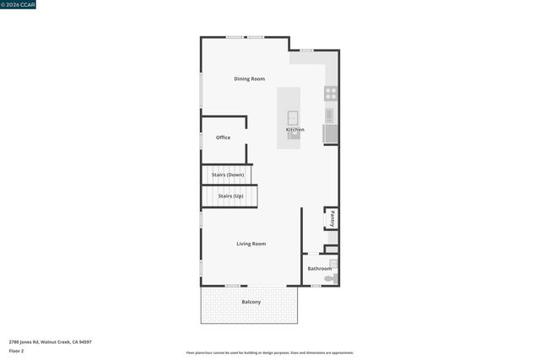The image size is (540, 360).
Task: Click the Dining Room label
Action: [249, 79]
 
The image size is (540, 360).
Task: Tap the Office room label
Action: [223, 137]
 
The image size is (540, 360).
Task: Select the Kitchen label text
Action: [294, 130]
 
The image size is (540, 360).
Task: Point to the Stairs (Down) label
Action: [228, 175]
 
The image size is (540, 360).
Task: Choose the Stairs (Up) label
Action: [230, 196]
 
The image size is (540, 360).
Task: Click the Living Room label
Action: [251, 244]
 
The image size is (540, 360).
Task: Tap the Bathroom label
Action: [319, 269]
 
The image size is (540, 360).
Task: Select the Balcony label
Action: [251, 302]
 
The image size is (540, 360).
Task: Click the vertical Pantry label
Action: [332, 218]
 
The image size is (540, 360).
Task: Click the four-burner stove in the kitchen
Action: [332, 94]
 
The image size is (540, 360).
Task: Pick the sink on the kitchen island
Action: [293, 118]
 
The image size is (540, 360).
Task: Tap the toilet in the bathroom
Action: [332, 277]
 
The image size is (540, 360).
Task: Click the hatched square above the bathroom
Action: [332, 250]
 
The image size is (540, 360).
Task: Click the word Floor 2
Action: [17, 351]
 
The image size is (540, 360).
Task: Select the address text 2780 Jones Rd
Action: [51, 342]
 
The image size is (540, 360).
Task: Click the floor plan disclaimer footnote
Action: [270, 353]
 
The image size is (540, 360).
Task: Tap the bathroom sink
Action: [333, 262]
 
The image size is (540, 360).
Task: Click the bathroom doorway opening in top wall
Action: [313, 254]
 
